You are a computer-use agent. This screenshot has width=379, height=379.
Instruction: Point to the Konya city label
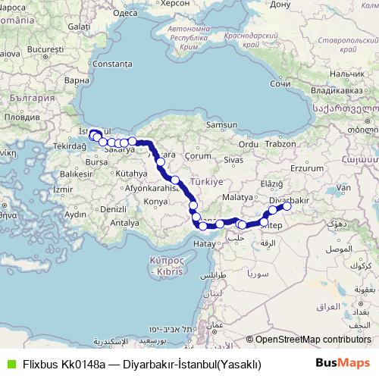[x=155, y=202]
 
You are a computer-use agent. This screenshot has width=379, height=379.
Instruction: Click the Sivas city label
[x=231, y=161]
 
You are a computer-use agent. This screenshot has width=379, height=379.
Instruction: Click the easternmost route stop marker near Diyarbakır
[x=287, y=205]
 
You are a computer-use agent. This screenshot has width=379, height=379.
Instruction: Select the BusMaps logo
[x=342, y=363]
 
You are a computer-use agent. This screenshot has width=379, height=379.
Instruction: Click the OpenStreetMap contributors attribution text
[x=309, y=340]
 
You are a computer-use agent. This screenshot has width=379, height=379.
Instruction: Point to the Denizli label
[x=113, y=208]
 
